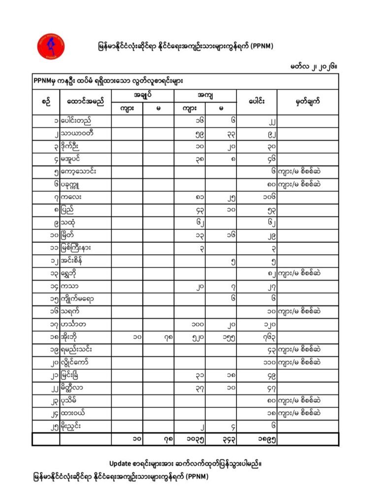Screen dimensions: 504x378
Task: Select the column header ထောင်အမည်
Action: (x=86, y=102)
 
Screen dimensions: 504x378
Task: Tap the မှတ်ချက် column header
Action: (x=308, y=102)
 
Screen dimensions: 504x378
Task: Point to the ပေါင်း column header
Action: (x=256, y=102)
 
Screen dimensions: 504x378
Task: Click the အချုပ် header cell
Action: (x=143, y=95)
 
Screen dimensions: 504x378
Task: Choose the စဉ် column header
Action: (x=46, y=102)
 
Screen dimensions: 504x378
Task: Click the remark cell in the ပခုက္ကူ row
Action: (x=308, y=185)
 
